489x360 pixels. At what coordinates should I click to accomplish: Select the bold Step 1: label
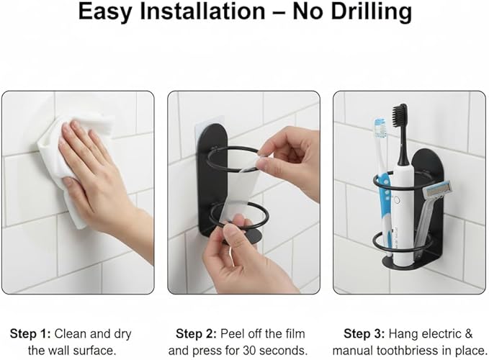tap(30, 334)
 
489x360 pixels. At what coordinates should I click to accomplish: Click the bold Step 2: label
tap(196, 334)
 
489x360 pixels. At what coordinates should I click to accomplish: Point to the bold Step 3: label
tap(364, 334)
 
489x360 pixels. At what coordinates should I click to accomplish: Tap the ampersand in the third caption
tap(469, 334)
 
